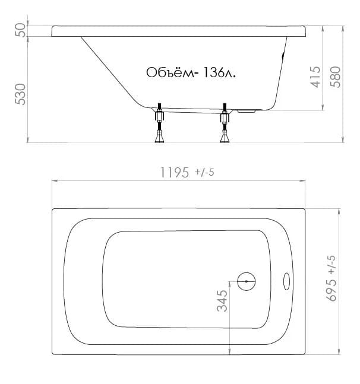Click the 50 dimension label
[20, 30]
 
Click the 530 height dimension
[20, 94]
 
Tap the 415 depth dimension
[315, 77]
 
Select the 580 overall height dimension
[336, 77]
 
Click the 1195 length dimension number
[175, 172]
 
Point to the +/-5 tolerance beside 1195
[204, 172]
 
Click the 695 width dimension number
[331, 290]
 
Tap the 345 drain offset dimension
[222, 301]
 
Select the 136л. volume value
[219, 72]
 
